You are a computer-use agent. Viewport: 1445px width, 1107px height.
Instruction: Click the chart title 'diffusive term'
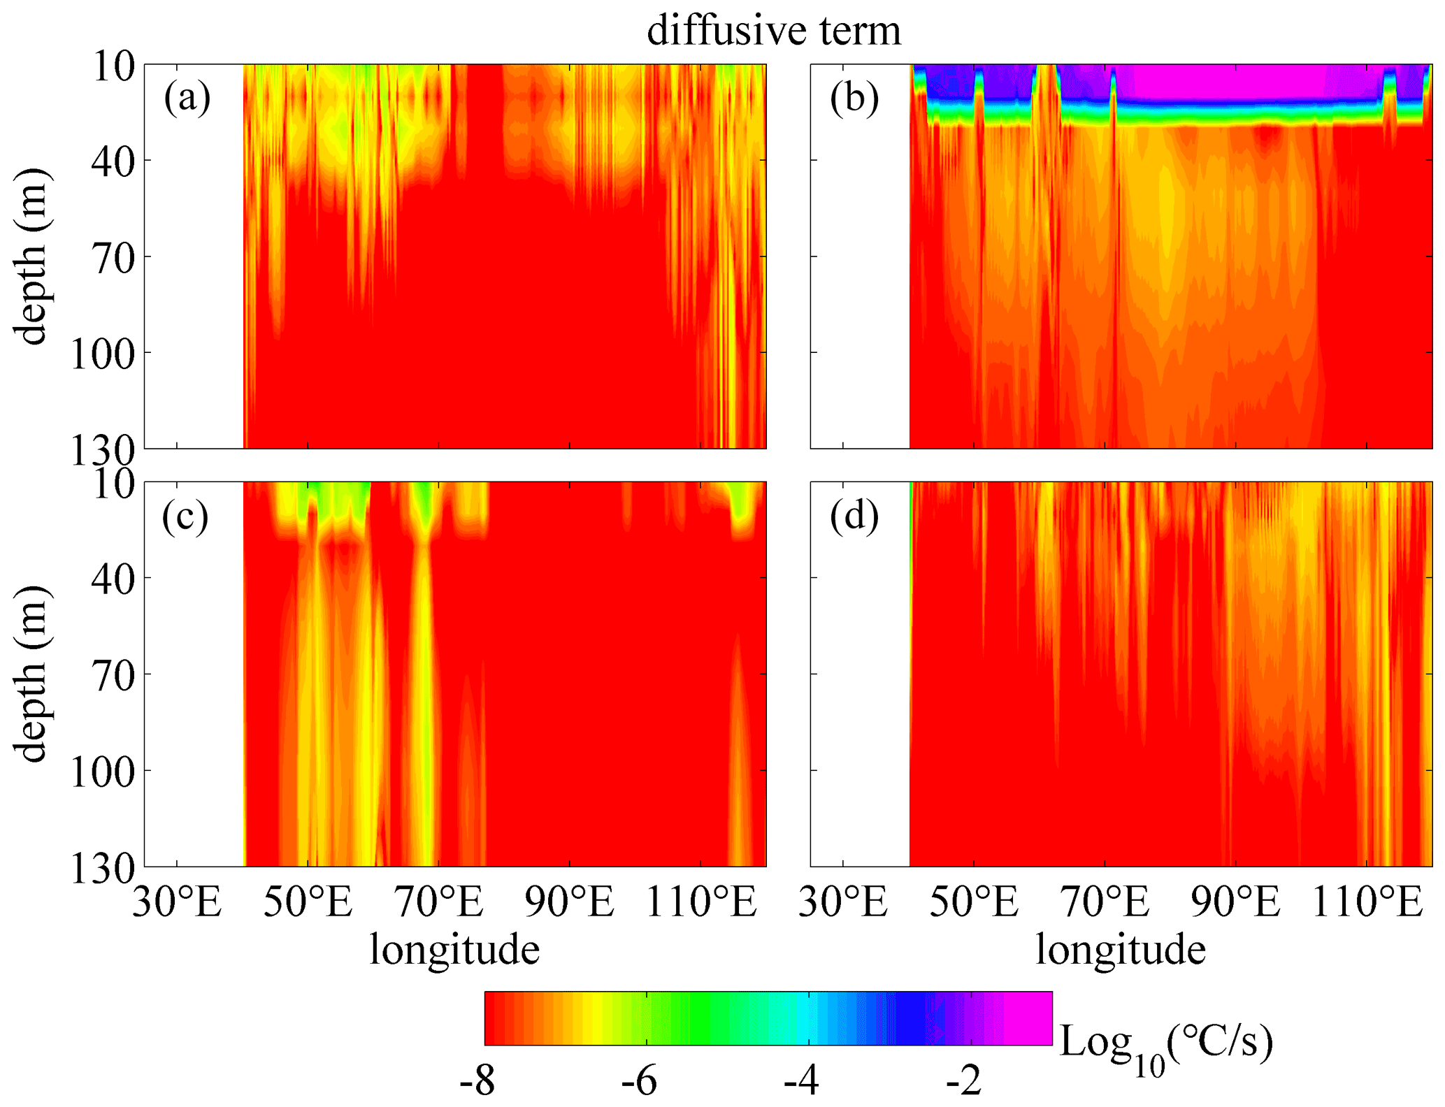[774, 31]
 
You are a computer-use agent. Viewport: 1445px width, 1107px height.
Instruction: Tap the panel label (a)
[187, 98]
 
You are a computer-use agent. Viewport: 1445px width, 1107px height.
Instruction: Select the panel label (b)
[854, 98]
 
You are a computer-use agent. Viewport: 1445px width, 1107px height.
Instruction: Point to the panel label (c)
[185, 516]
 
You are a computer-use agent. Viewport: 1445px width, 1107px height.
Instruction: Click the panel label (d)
[854, 516]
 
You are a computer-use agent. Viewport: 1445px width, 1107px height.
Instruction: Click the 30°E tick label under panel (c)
[177, 902]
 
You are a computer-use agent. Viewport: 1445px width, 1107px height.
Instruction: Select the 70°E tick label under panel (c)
[439, 902]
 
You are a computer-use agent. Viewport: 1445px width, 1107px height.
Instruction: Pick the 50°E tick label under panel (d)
[974, 902]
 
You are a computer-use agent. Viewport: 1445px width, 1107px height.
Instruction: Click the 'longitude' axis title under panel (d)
[1121, 949]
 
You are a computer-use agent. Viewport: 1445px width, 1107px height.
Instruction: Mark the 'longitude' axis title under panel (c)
[454, 949]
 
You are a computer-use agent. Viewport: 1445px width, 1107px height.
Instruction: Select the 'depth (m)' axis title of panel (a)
[31, 256]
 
